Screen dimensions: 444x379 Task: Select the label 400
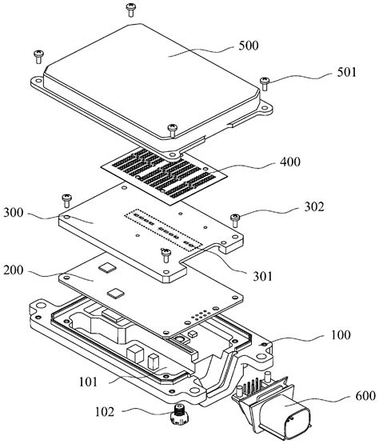pos(290,163)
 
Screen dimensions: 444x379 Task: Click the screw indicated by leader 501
pos(265,81)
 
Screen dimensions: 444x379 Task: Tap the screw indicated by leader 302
pos(235,218)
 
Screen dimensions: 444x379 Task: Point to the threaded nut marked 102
pos(174,414)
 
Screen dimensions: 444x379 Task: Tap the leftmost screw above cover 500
pos(38,54)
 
